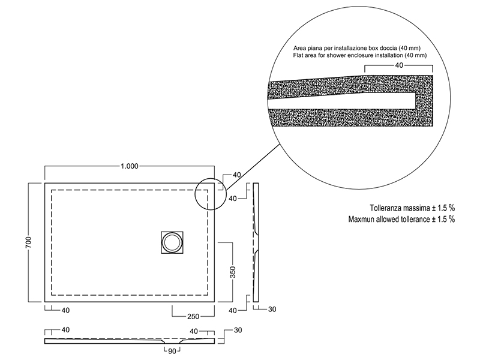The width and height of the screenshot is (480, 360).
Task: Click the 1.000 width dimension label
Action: [130, 166]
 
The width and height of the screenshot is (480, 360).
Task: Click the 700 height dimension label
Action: [28, 242]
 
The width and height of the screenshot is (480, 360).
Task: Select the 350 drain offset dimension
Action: [233, 272]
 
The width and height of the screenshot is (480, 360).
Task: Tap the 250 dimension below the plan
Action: [193, 317]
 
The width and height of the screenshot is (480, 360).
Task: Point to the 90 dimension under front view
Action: [172, 351]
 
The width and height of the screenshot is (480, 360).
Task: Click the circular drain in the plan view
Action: [172, 242]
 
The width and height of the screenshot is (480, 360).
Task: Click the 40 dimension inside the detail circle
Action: [399, 65]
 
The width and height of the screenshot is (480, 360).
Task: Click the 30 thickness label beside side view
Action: [272, 310]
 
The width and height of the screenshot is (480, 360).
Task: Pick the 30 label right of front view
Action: [238, 331]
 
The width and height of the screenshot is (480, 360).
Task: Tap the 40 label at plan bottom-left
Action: [65, 310]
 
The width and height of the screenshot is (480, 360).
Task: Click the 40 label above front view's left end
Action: [65, 330]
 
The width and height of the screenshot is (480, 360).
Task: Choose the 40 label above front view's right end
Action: [194, 332]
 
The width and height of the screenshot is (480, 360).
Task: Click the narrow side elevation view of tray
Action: [256, 242]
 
